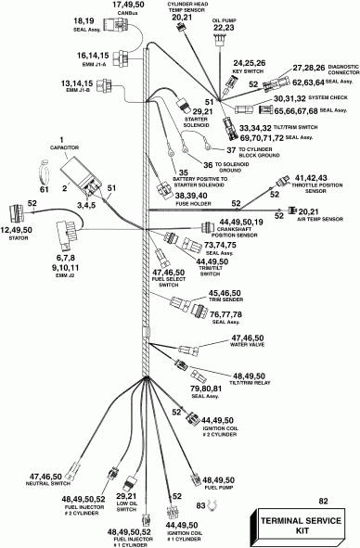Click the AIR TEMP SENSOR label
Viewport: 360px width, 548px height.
[320, 220]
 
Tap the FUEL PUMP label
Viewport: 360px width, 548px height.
[206, 488]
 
